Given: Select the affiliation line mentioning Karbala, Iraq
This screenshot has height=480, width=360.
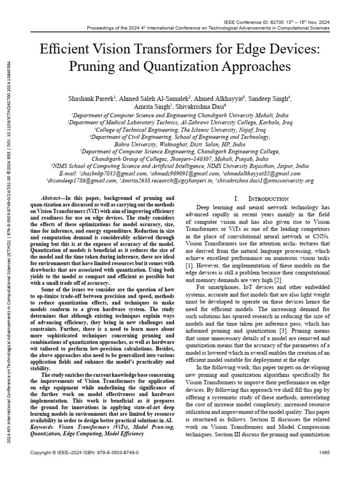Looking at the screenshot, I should pos(180,122).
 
